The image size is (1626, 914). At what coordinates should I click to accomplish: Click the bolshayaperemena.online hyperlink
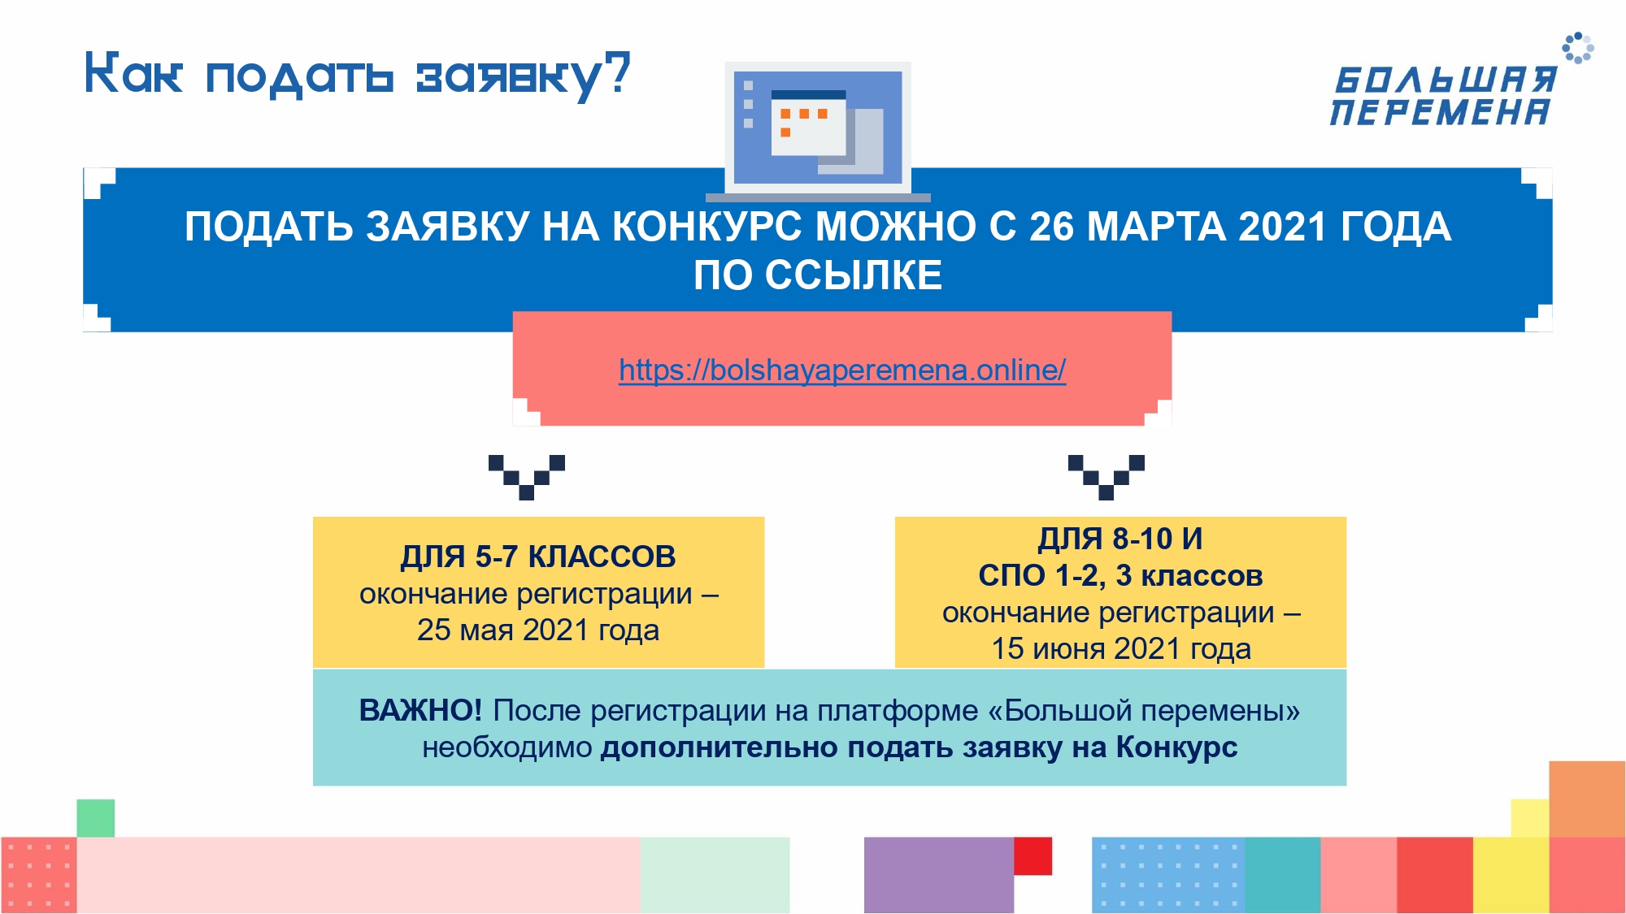point(842,370)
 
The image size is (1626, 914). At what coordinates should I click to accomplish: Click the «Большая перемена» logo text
point(1443,97)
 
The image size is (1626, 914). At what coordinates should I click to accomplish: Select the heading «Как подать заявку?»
point(358,76)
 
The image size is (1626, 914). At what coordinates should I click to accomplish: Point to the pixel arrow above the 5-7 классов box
point(527,477)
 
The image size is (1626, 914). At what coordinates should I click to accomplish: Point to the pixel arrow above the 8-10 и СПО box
point(1106,477)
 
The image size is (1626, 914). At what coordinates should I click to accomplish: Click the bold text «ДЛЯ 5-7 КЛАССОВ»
point(538,557)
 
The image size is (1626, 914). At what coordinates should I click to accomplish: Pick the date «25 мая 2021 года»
point(538,630)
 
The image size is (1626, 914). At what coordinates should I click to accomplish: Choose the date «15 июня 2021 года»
point(1121,648)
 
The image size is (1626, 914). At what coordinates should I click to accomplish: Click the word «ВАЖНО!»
point(420,710)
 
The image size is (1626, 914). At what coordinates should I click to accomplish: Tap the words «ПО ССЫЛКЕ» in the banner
point(818,275)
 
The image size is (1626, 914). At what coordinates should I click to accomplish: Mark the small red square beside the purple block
point(1033,856)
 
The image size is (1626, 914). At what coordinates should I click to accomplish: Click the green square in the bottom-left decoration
point(96,818)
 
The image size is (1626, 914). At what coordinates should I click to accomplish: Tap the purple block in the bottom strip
point(939,875)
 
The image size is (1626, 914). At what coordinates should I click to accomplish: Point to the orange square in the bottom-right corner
point(1587,799)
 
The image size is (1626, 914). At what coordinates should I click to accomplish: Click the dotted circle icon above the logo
point(1578,48)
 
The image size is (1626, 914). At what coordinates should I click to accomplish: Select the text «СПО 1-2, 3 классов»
point(1120,575)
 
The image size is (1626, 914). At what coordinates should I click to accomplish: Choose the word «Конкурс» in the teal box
point(1176,747)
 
